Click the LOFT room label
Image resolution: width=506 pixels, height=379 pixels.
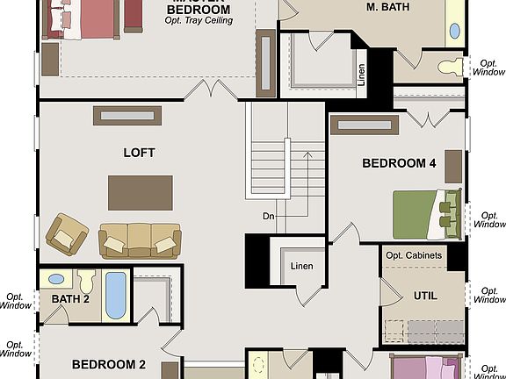139,153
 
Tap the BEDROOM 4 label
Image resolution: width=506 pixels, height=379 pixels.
399,163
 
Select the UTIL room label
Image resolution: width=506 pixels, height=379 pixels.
425,296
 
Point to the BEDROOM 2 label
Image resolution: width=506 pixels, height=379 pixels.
109,364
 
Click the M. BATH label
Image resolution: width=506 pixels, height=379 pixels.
390,7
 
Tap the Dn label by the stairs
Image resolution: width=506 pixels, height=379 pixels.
269,215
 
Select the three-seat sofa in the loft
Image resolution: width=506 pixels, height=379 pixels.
140,240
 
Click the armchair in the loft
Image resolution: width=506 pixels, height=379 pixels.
67,232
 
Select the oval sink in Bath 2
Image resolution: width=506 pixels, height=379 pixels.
56,279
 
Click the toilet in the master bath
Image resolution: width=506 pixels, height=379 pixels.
452,66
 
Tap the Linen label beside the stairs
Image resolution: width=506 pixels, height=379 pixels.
301,266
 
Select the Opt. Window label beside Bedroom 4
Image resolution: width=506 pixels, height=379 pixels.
489,218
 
